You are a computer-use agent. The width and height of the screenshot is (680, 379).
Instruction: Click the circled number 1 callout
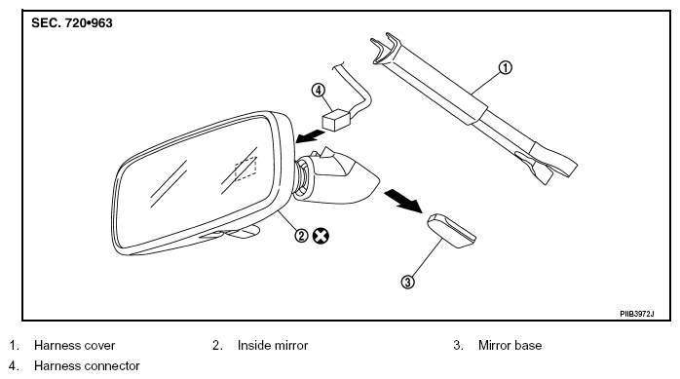pos(505,67)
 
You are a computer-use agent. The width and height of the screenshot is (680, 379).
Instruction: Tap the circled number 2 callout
pos(301,236)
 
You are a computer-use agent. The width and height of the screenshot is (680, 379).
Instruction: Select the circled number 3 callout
pos(407,283)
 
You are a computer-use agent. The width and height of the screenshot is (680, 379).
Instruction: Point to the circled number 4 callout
pos(319,91)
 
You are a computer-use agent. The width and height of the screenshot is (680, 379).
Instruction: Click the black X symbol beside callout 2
pos(321,236)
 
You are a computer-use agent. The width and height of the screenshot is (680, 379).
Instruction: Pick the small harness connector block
pos(336,119)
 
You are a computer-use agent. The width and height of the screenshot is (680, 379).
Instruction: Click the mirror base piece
pos(451,231)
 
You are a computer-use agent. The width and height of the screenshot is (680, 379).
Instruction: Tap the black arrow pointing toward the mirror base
pos(403,201)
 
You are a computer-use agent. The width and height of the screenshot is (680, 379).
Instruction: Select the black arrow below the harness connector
pos(310,136)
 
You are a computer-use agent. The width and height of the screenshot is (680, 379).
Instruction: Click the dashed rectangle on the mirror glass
pos(246,170)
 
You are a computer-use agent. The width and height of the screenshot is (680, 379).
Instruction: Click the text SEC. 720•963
pos(72,23)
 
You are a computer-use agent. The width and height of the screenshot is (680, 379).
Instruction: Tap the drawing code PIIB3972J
pos(636,313)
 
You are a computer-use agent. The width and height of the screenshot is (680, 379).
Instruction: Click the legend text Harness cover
pos(74,345)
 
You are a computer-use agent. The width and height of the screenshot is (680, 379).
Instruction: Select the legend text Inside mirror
pos(273,345)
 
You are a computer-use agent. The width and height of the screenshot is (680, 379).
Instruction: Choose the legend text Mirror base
pos(510,345)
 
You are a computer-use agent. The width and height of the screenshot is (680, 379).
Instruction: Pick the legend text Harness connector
pos(87,365)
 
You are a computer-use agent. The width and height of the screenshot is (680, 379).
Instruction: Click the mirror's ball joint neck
pos(302,177)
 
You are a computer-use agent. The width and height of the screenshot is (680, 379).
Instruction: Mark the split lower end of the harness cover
pos(548,164)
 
